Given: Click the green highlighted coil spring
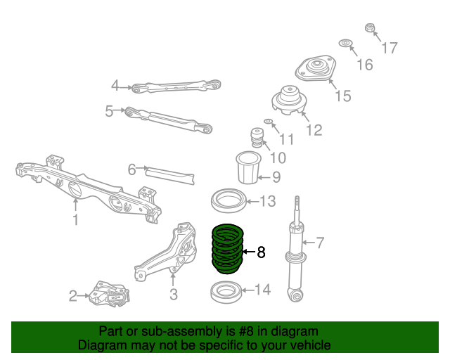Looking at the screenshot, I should (226, 247).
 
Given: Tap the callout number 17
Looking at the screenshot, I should (390, 49).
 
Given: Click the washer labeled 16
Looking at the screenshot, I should (346, 44).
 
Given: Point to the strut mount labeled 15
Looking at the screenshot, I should (314, 70).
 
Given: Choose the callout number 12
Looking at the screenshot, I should (314, 130).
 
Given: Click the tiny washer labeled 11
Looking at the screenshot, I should (269, 122).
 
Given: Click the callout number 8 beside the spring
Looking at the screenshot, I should (262, 252).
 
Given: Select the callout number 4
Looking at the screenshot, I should (115, 86).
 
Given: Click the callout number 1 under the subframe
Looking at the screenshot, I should (75, 220).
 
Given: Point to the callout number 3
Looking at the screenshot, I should (173, 294).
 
